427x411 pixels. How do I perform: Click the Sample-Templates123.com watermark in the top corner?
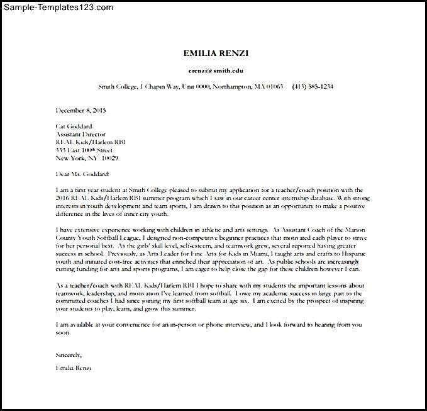click(57, 7)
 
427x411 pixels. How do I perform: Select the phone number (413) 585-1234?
click(313, 86)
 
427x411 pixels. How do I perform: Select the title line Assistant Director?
click(81, 133)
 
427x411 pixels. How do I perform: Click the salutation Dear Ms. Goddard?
click(82, 173)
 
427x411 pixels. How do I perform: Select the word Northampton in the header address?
click(234, 86)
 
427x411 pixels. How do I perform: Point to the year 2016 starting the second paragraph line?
click(64, 197)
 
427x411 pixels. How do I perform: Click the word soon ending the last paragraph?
click(63, 332)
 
